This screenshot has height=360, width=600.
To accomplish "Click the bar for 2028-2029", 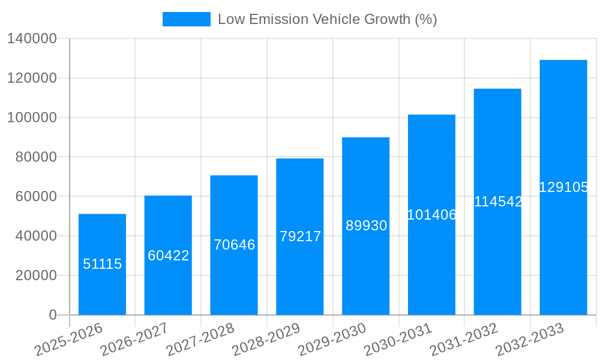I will (299, 276).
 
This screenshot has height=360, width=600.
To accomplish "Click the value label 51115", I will (102, 264).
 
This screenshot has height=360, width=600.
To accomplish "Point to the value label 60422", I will (168, 256).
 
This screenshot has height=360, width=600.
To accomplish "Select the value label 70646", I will (234, 245).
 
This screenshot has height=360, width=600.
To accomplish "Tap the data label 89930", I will (366, 226).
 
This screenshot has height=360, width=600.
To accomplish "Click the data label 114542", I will (498, 202).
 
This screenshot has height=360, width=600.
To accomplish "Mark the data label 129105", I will (563, 187).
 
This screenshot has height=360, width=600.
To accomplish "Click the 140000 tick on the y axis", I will (32, 39).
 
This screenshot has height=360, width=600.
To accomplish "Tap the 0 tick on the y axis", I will (53, 315).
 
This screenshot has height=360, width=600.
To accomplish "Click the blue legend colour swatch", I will (187, 19).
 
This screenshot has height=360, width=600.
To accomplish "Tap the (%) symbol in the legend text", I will (426, 19).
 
